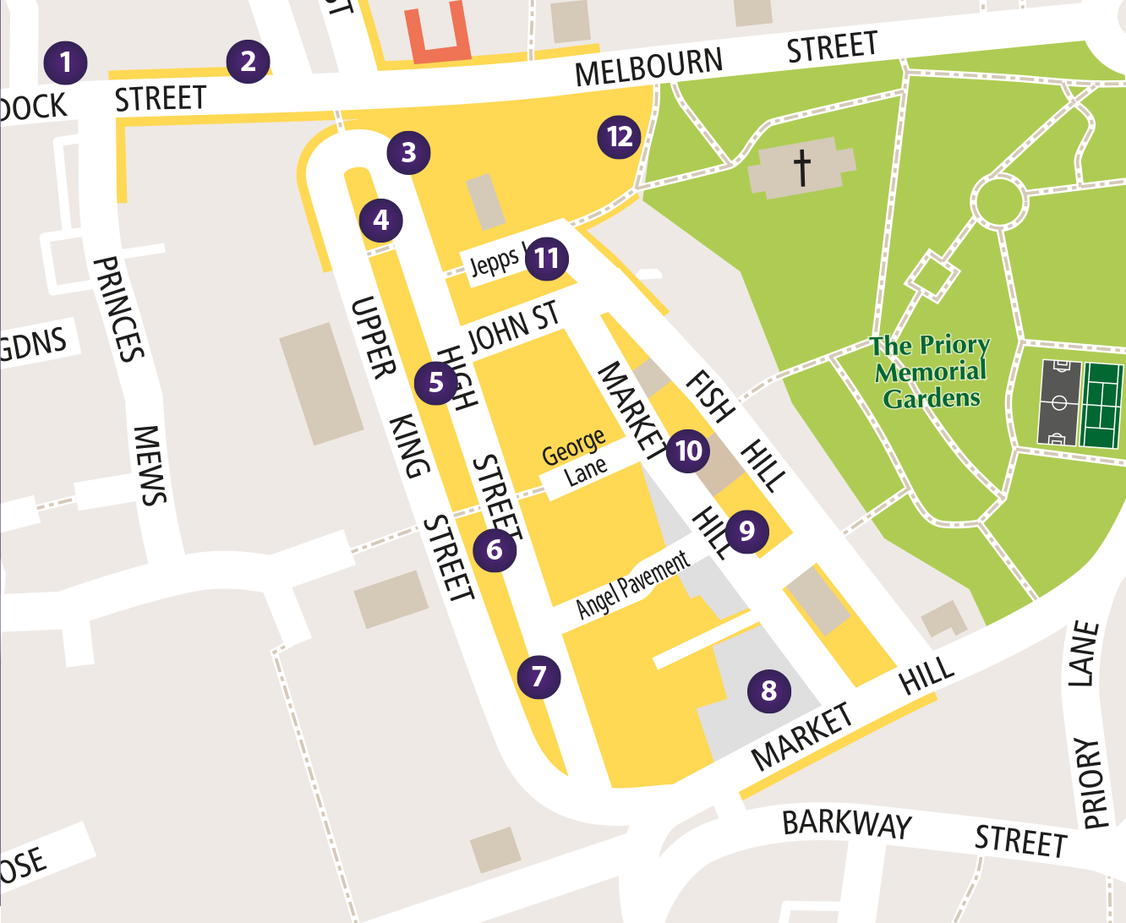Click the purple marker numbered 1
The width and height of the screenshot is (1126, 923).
(x=65, y=62)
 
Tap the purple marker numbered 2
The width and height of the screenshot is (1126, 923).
(x=248, y=61)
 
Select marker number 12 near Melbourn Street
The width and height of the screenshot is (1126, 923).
(x=620, y=137)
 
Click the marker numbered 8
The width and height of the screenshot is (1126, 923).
(x=768, y=691)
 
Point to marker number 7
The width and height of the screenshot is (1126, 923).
(x=538, y=676)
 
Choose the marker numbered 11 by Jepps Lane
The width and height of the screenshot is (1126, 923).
(x=547, y=259)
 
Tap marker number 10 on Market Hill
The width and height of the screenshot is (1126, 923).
(x=688, y=451)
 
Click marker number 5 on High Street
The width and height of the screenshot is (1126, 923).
(x=436, y=383)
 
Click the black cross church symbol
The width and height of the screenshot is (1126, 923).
(x=802, y=167)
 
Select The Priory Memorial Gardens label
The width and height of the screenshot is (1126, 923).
(x=931, y=372)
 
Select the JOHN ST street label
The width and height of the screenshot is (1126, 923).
(x=513, y=327)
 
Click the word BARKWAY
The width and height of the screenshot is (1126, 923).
(x=846, y=823)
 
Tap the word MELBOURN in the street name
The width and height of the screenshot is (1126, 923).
(x=648, y=68)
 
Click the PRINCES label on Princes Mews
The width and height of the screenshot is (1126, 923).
(x=118, y=309)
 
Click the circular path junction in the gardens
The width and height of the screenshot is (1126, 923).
(x=998, y=201)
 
